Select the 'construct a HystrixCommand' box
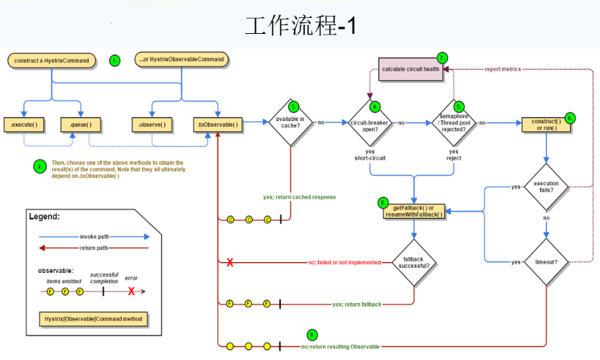tap(52, 60)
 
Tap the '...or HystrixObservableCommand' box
tap(181, 59)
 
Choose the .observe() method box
tap(152, 125)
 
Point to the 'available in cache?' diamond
tap(291, 123)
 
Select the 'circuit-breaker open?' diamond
tap(370, 123)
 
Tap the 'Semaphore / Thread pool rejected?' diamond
tap(454, 123)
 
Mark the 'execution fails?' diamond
tap(546, 187)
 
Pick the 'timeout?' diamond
tap(546, 262)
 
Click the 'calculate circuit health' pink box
tap(411, 69)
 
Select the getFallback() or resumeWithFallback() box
tap(413, 211)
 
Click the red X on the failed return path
tap(230, 263)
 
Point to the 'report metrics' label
tap(503, 69)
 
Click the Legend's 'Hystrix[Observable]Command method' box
tap(92, 318)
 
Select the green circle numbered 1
tap(115, 60)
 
